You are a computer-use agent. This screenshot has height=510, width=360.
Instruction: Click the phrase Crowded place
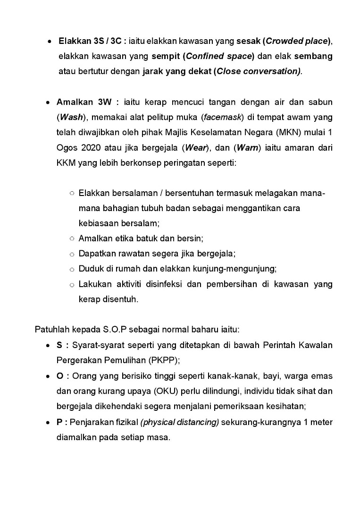(297, 41)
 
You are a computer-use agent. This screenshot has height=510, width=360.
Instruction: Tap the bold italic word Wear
(195, 147)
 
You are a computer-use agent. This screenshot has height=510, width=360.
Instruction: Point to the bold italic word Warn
(247, 147)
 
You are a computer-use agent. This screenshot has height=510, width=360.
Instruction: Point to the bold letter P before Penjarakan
(59, 422)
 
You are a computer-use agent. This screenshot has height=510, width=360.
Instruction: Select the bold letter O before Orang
(60, 376)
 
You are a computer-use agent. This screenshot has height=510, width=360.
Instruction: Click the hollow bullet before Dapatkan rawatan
(72, 254)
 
